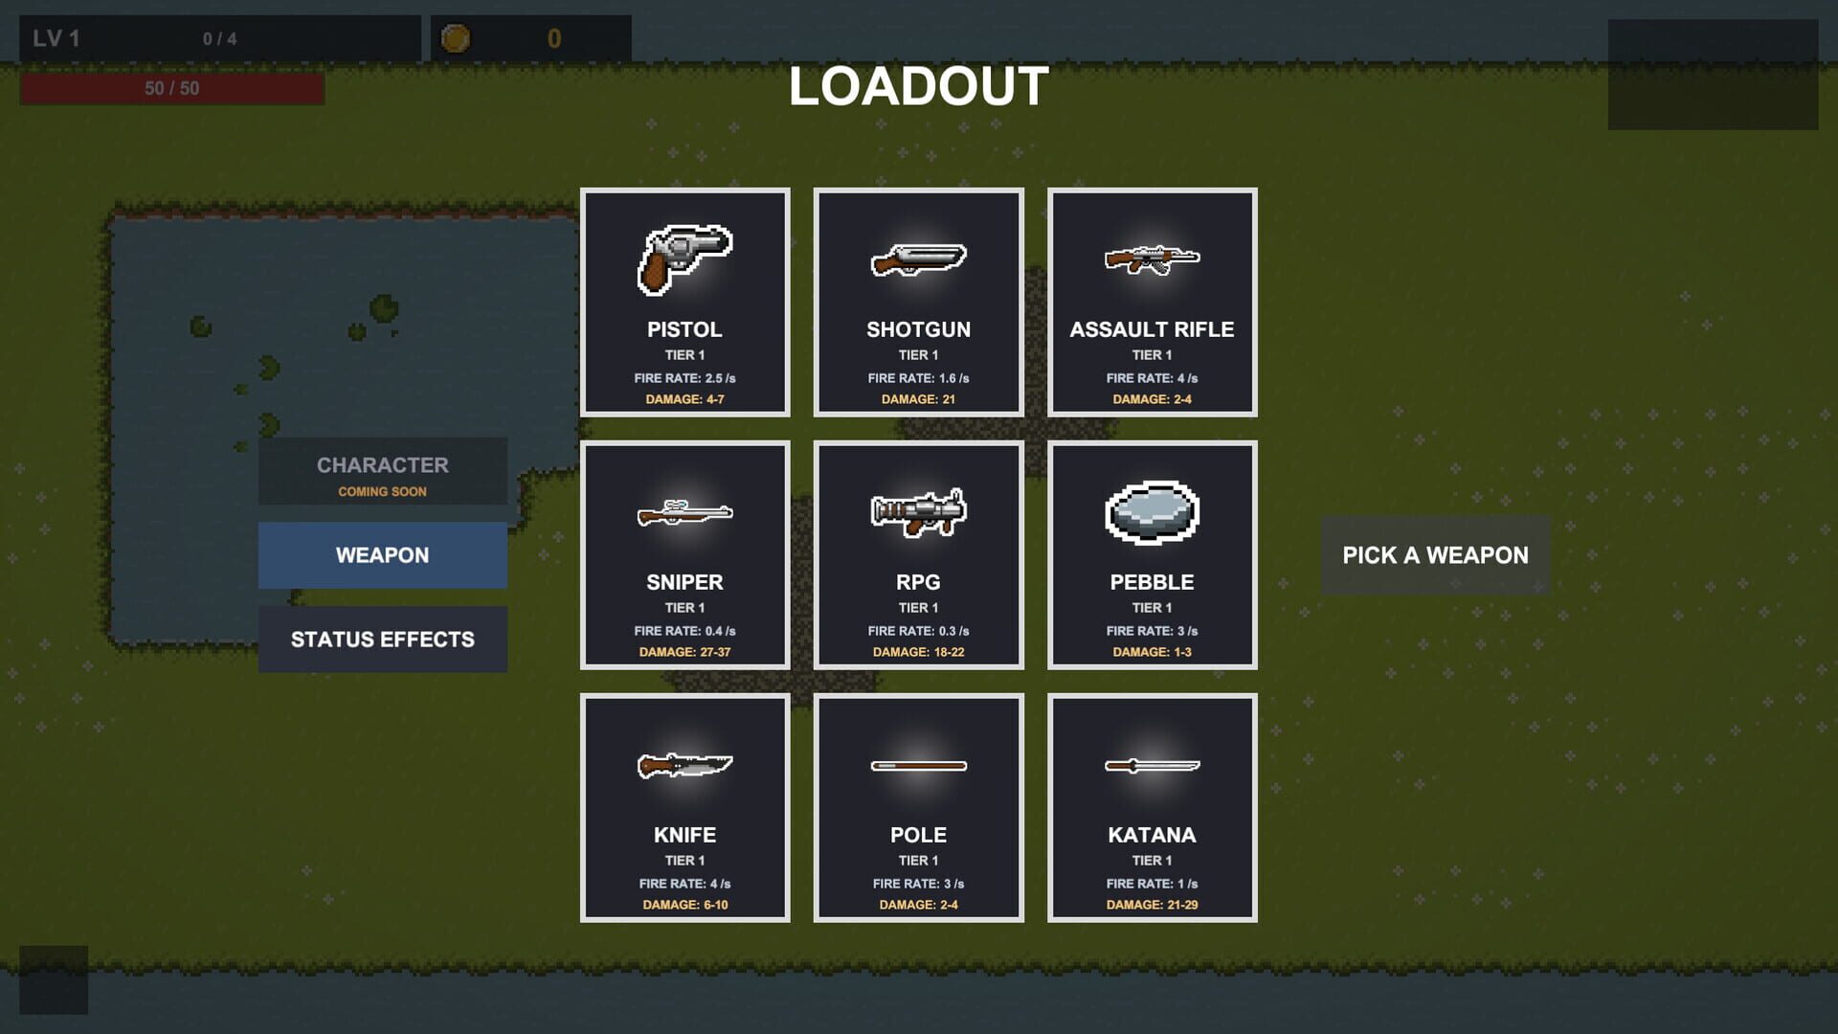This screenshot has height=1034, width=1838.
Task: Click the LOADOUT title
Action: pyautogui.click(x=918, y=86)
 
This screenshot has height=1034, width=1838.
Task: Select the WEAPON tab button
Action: pyautogui.click(x=383, y=555)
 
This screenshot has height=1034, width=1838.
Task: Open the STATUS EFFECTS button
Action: pyautogui.click(x=383, y=640)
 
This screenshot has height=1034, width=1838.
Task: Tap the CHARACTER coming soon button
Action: pyautogui.click(x=383, y=471)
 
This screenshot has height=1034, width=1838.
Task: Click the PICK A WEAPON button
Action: pyautogui.click(x=1435, y=555)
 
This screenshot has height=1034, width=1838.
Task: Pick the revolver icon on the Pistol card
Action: pyautogui.click(x=684, y=258)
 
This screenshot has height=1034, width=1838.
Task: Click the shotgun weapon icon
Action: pyautogui.click(x=918, y=259)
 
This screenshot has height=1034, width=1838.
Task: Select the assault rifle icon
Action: pyautogui.click(x=1152, y=258)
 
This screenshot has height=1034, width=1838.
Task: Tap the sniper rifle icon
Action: pyautogui.click(x=684, y=513)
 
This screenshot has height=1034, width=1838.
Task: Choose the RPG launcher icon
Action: pyautogui.click(x=918, y=513)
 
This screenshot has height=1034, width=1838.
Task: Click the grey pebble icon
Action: pyautogui.click(x=1152, y=513)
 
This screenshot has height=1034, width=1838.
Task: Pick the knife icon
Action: pyautogui.click(x=684, y=766)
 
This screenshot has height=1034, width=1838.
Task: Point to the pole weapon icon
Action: pyautogui.click(x=918, y=766)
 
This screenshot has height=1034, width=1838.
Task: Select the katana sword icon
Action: pyautogui.click(x=1152, y=766)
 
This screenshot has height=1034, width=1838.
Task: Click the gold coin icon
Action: pyautogui.click(x=456, y=38)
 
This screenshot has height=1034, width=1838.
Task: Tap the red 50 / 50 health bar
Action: pyautogui.click(x=172, y=88)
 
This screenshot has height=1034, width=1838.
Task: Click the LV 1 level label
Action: pyautogui.click(x=56, y=38)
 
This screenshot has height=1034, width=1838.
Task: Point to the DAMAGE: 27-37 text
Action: pyautogui.click(x=684, y=652)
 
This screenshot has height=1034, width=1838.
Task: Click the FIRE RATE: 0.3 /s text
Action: pyautogui.click(x=918, y=631)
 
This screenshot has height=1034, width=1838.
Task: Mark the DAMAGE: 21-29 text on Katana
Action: pyautogui.click(x=1152, y=905)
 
